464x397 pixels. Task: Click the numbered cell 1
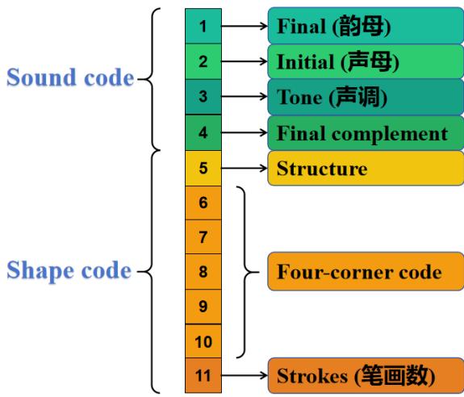coord(204,26)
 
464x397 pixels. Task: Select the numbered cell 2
coord(204,61)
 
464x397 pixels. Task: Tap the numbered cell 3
coord(204,96)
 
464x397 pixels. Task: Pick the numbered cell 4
coord(204,132)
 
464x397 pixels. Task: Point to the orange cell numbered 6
coord(204,203)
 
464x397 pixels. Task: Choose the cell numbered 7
coord(204,237)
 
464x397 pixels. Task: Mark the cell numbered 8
coord(204,272)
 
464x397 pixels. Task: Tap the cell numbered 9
coord(204,307)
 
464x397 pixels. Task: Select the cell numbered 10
coord(204,342)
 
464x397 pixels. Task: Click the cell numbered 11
coord(204,377)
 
